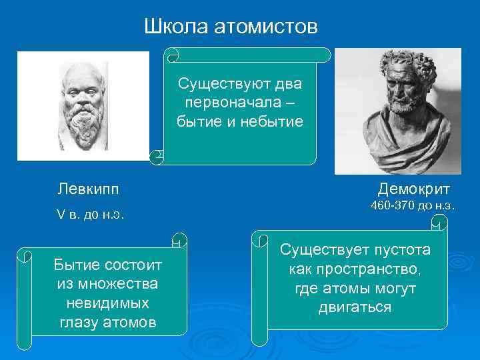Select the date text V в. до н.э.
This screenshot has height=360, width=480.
click(x=91, y=215)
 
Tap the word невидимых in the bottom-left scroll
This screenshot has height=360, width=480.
click(x=106, y=303)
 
